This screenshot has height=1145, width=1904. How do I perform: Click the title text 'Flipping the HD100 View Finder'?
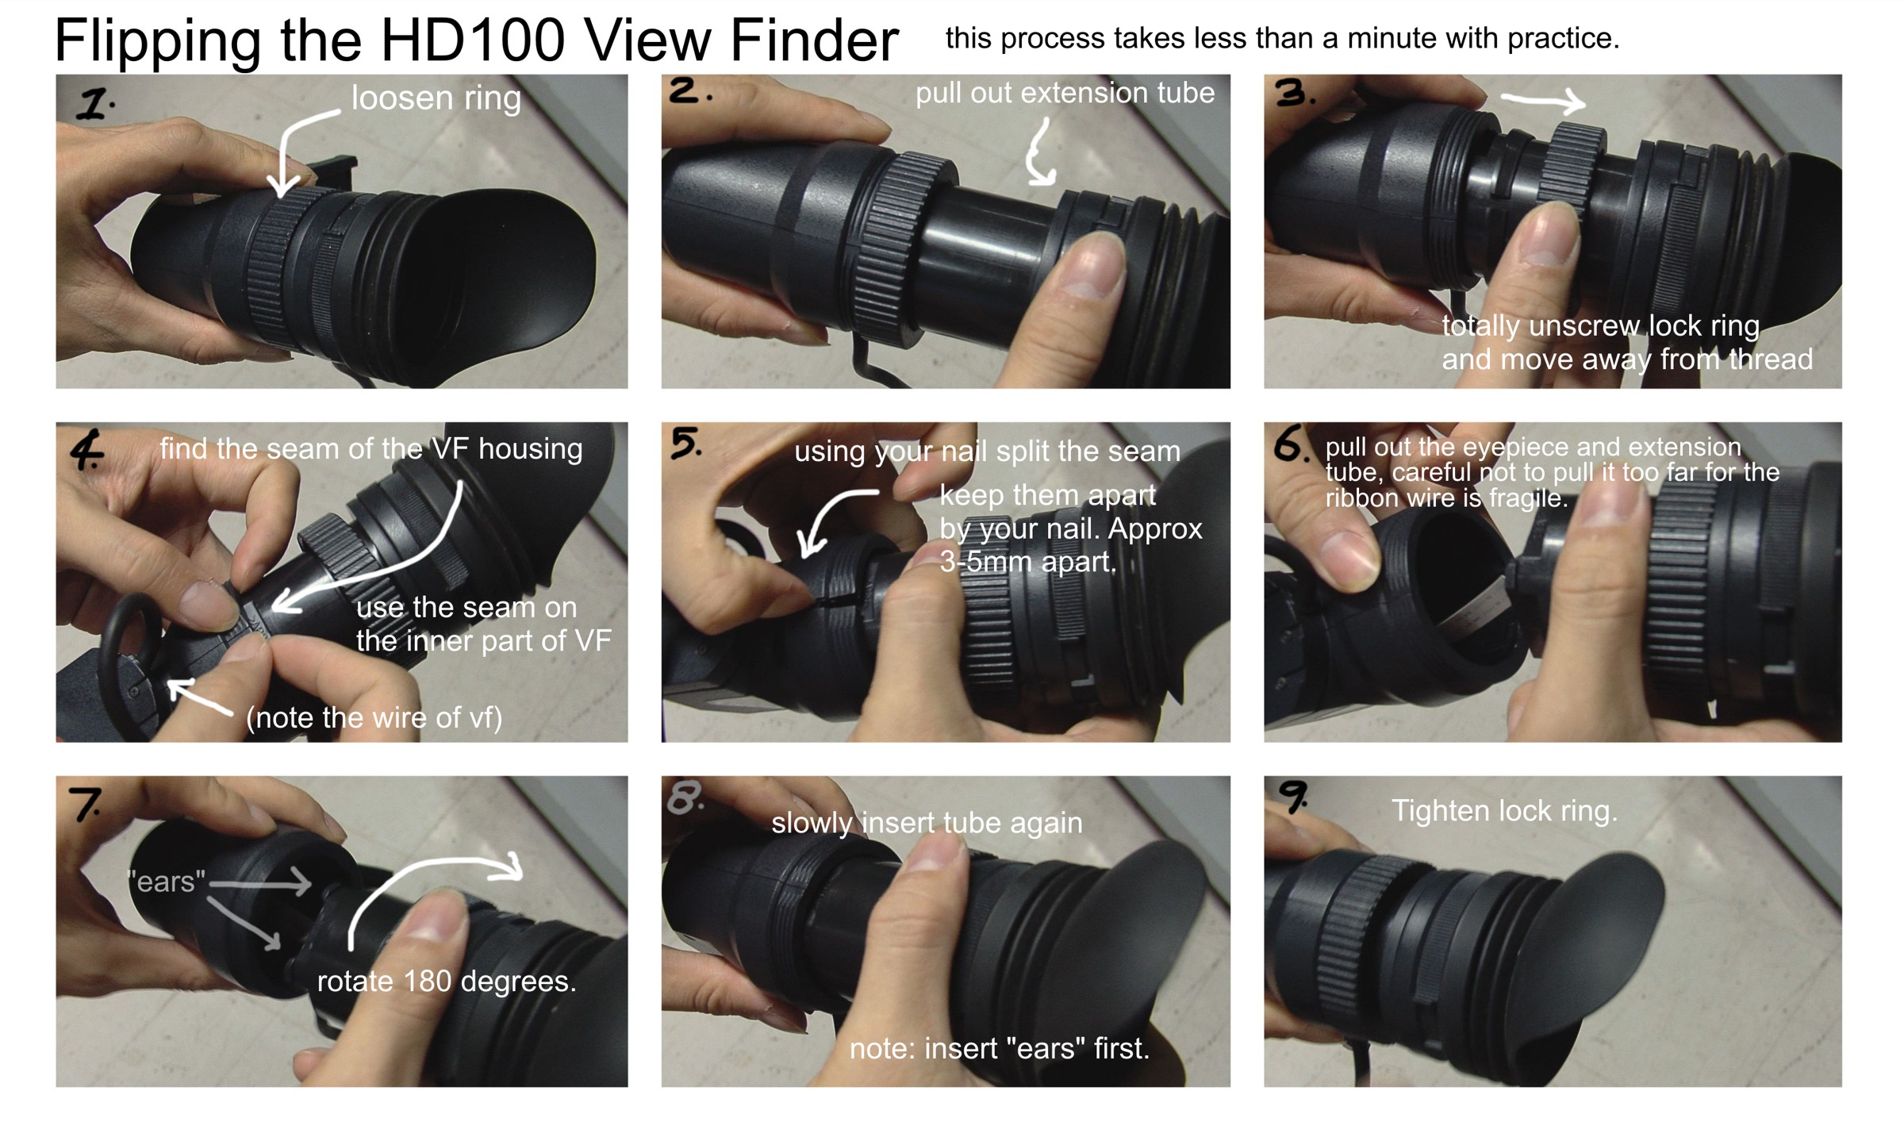pos(476,41)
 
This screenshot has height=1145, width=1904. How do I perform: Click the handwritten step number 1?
pos(95,104)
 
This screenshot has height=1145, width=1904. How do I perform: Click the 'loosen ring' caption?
pos(436,98)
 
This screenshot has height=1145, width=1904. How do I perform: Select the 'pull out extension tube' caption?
pos(1065,94)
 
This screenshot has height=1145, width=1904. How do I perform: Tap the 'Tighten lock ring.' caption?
pos(1504,811)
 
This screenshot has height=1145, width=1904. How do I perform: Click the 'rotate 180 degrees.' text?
pos(447,982)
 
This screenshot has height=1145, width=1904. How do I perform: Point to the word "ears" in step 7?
pos(166,881)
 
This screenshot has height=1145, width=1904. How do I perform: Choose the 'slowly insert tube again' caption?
pos(927,823)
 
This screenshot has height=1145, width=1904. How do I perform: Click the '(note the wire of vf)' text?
pos(374,718)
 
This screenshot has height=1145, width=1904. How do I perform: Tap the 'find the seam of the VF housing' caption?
pos(371,449)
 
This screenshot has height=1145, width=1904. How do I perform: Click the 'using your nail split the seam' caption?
pos(987,452)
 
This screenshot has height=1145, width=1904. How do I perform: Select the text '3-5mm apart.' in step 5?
pos(1028,562)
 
